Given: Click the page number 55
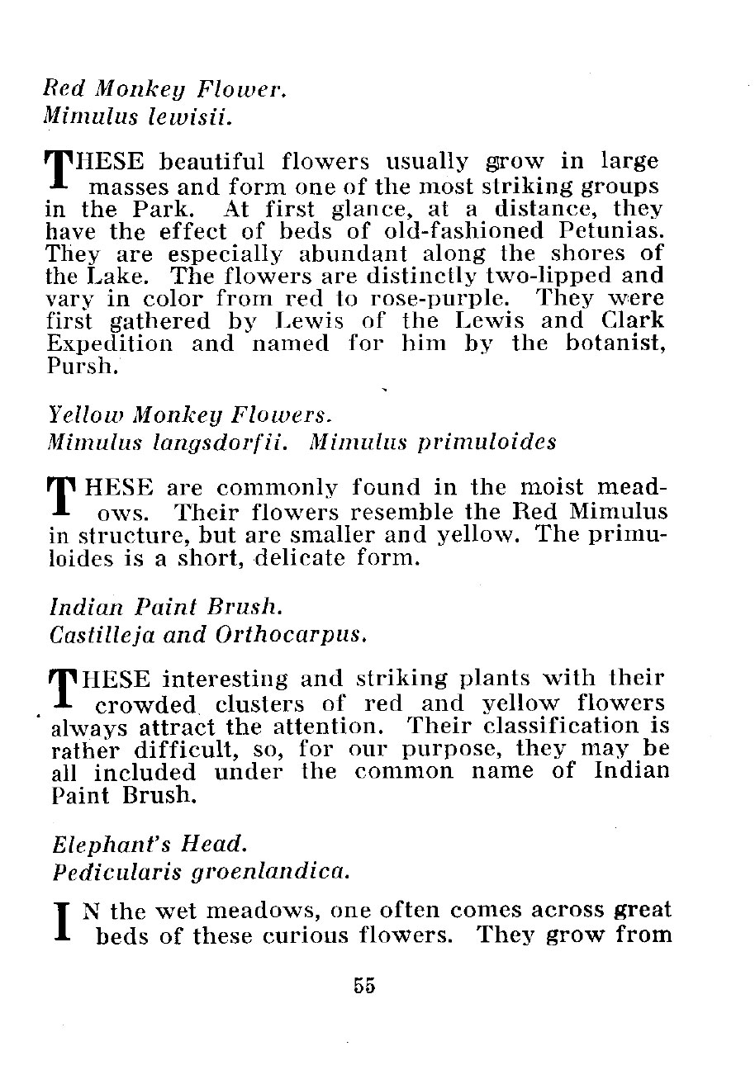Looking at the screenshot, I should tap(364, 985).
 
